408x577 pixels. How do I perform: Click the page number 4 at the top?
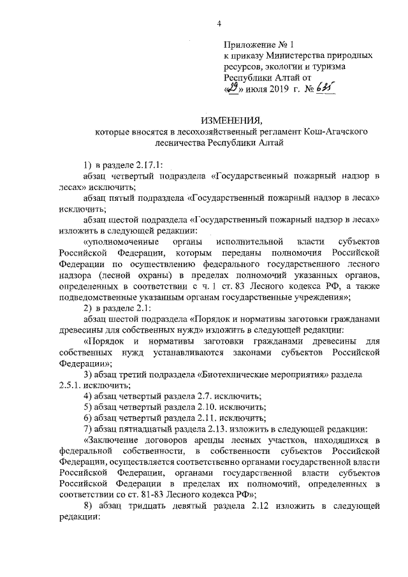point(219,24)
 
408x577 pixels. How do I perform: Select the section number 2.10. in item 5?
point(198,407)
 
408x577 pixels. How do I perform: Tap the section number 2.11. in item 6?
point(198,418)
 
